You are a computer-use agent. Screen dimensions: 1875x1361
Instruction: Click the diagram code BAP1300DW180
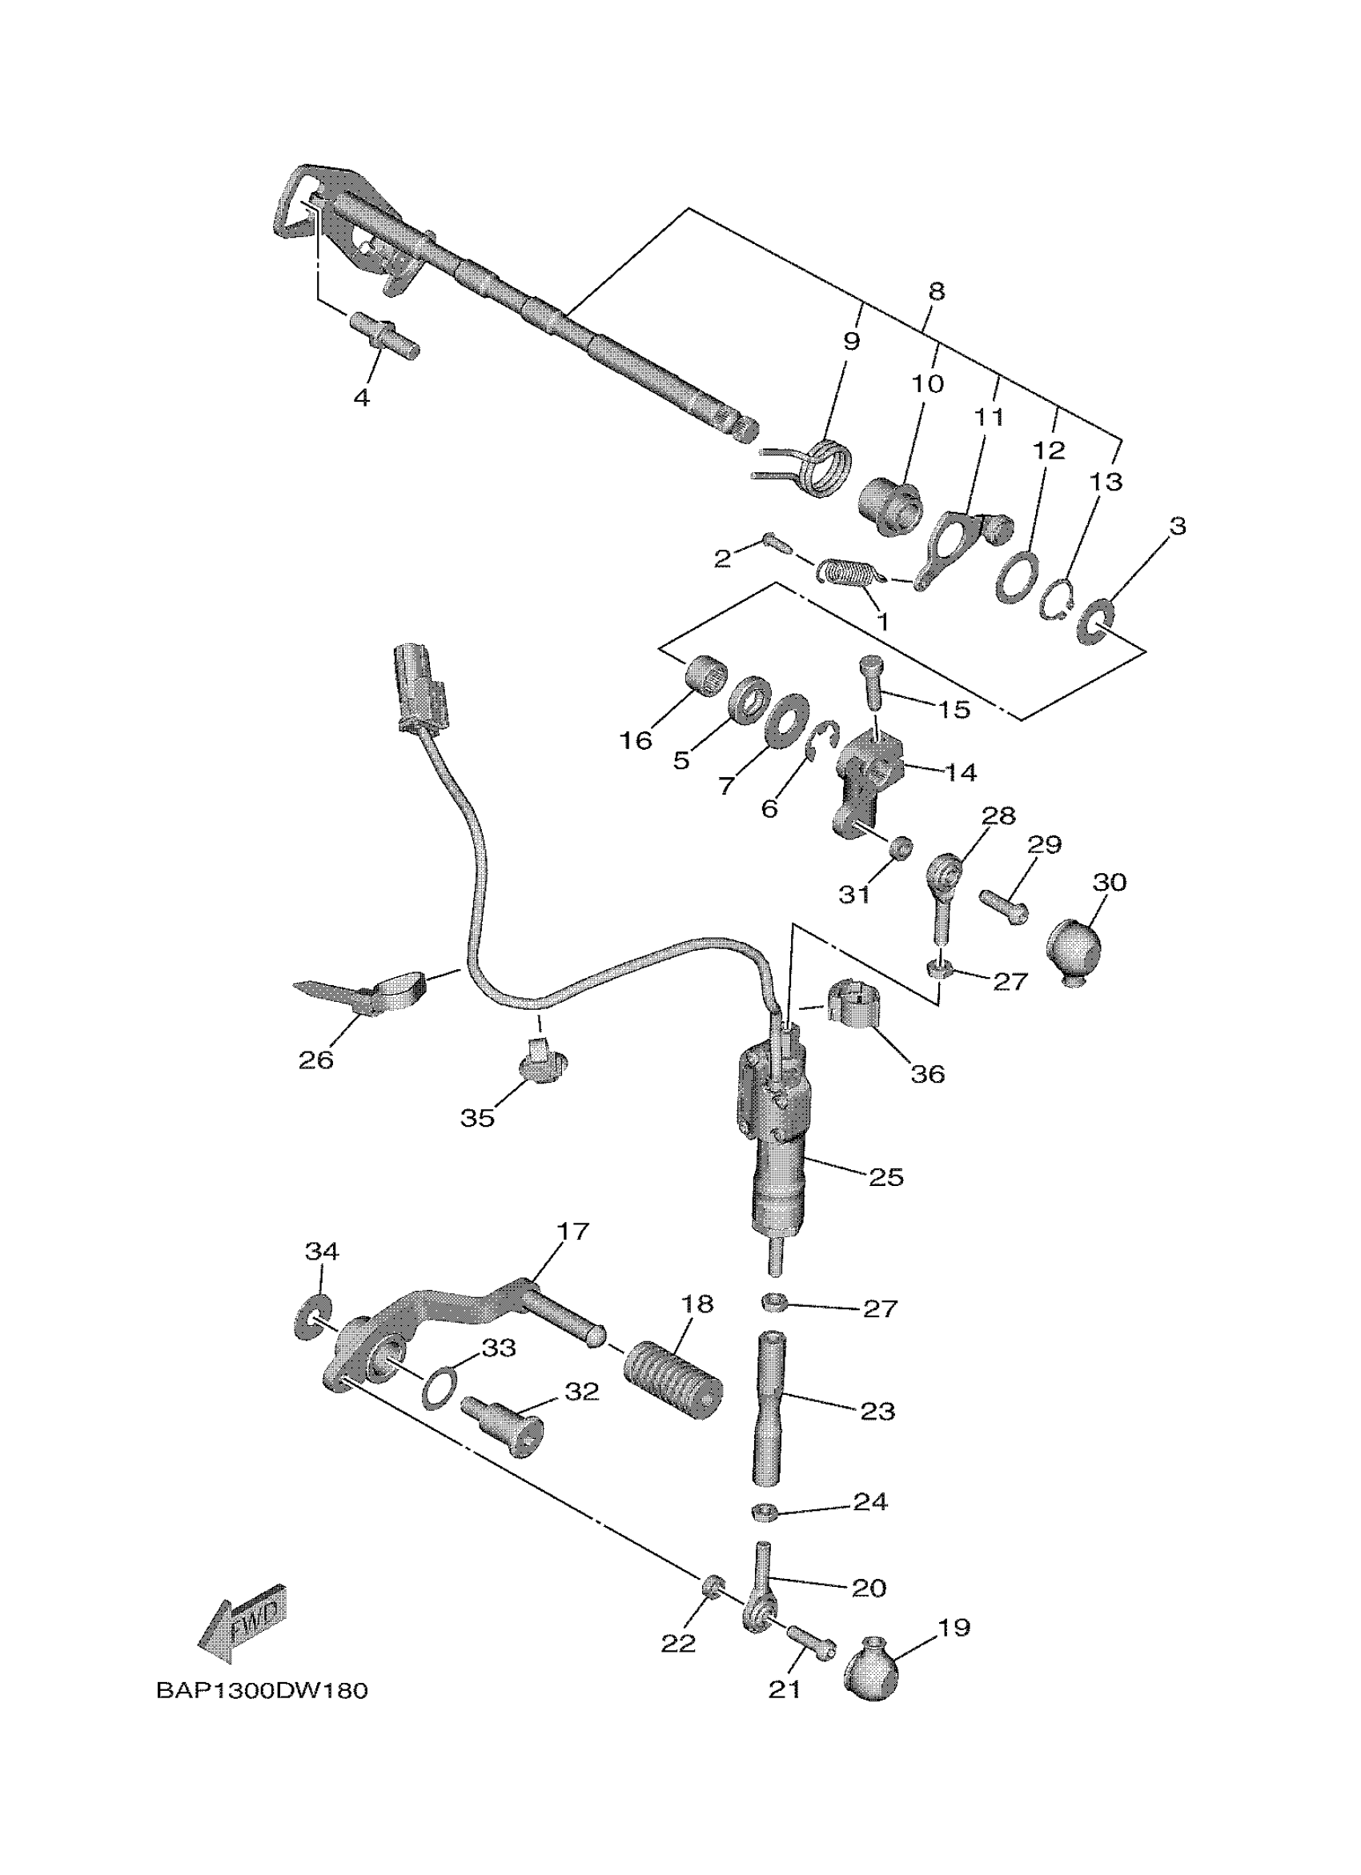tap(261, 1692)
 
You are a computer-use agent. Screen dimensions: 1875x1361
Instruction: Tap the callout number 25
tap(885, 1177)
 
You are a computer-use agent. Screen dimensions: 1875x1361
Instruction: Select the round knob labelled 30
tap(1075, 950)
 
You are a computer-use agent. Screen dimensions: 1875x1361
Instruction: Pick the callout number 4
tap(361, 398)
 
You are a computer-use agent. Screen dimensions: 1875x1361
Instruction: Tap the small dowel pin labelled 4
tap(386, 335)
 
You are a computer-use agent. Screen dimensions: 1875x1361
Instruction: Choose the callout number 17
tap(572, 1254)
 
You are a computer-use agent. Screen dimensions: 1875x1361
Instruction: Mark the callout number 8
tap(936, 291)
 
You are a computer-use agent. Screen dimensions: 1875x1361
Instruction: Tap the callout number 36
tap(927, 1074)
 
